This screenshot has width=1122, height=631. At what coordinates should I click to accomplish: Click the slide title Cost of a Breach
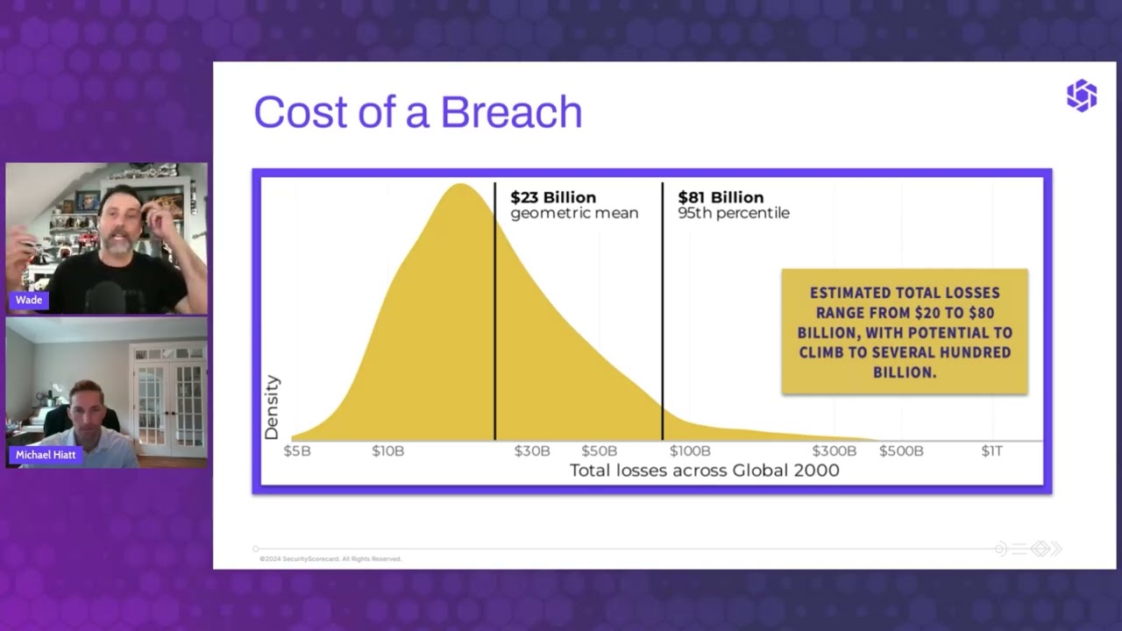pos(417,112)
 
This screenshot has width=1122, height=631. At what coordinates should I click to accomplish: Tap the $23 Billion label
pos(553,197)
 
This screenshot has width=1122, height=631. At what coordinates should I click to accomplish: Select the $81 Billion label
pos(721,197)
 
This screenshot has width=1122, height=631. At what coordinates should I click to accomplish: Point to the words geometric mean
pos(574,213)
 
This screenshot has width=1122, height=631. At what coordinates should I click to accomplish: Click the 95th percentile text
pos(734,213)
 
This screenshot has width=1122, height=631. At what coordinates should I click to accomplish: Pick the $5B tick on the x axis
pos(297,450)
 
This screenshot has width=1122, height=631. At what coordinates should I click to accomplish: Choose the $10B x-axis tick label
pos(387,450)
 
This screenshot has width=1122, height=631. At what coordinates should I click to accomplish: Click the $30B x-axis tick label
pos(532,450)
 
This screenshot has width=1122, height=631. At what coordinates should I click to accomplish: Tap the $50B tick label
pos(599,450)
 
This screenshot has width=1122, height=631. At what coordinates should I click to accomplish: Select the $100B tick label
pos(690,450)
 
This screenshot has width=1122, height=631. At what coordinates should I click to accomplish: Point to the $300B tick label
pos(834,450)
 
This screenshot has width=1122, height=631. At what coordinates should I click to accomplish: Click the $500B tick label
pos(901,450)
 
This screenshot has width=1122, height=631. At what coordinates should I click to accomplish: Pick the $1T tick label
pos(991,450)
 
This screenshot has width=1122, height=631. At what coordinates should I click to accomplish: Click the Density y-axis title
pos(272,408)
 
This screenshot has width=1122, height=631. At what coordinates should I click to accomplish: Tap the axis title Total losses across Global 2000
pos(704,471)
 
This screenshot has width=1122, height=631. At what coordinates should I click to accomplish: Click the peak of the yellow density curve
pos(459,186)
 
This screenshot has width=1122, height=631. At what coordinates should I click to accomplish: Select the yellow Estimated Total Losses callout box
pos(904,332)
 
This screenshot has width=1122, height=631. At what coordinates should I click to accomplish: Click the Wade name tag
pos(29,300)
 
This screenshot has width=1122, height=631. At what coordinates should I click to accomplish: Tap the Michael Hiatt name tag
pos(46,455)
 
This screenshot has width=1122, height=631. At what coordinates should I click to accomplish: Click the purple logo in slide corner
pos(1081,96)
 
